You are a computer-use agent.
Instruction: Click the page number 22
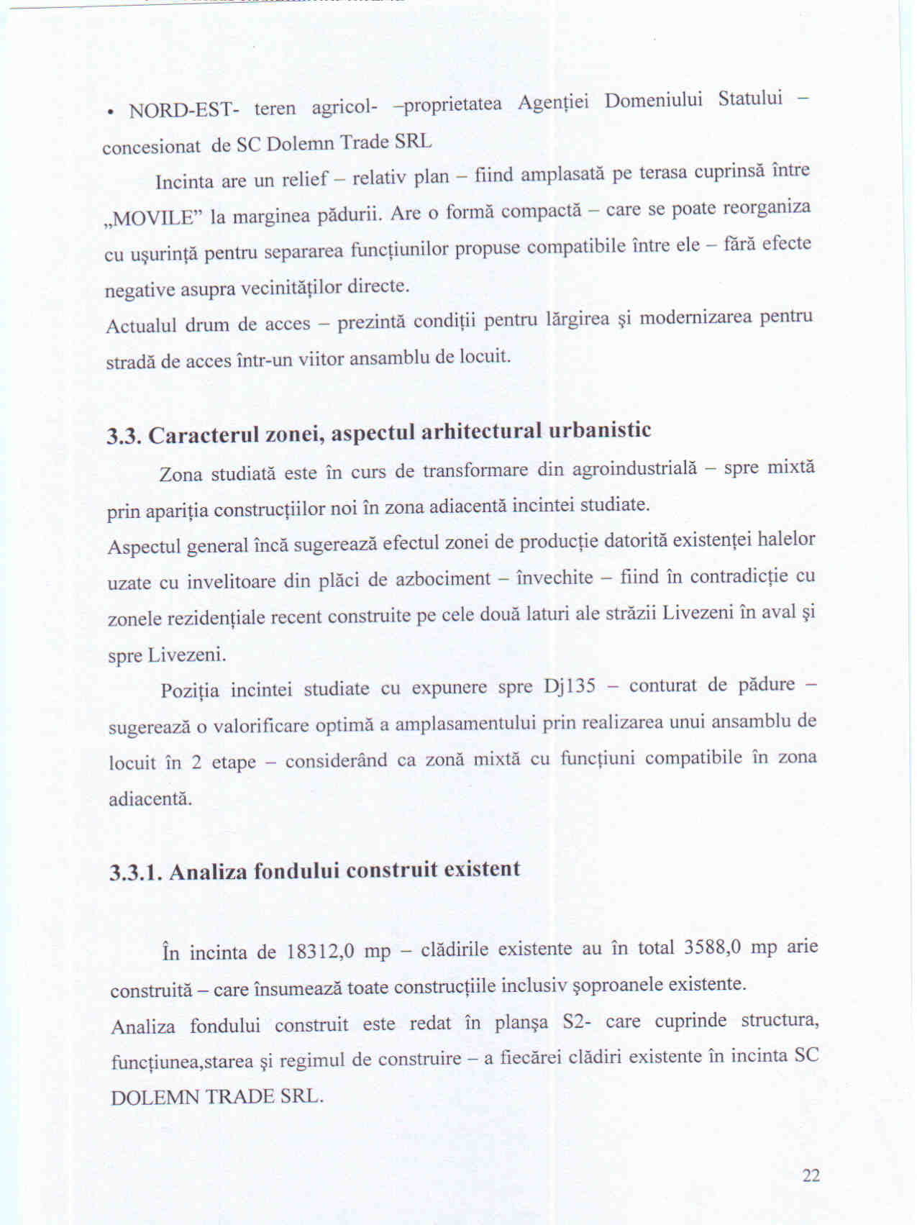811,1175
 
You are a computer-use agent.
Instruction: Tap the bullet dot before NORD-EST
109,113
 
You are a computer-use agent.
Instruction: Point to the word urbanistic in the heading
600,430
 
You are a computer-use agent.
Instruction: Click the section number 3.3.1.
137,873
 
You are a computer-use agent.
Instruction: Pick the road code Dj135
570,686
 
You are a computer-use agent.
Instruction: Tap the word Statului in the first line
750,98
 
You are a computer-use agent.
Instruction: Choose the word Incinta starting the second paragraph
184,181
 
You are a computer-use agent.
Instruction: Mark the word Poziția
189,691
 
